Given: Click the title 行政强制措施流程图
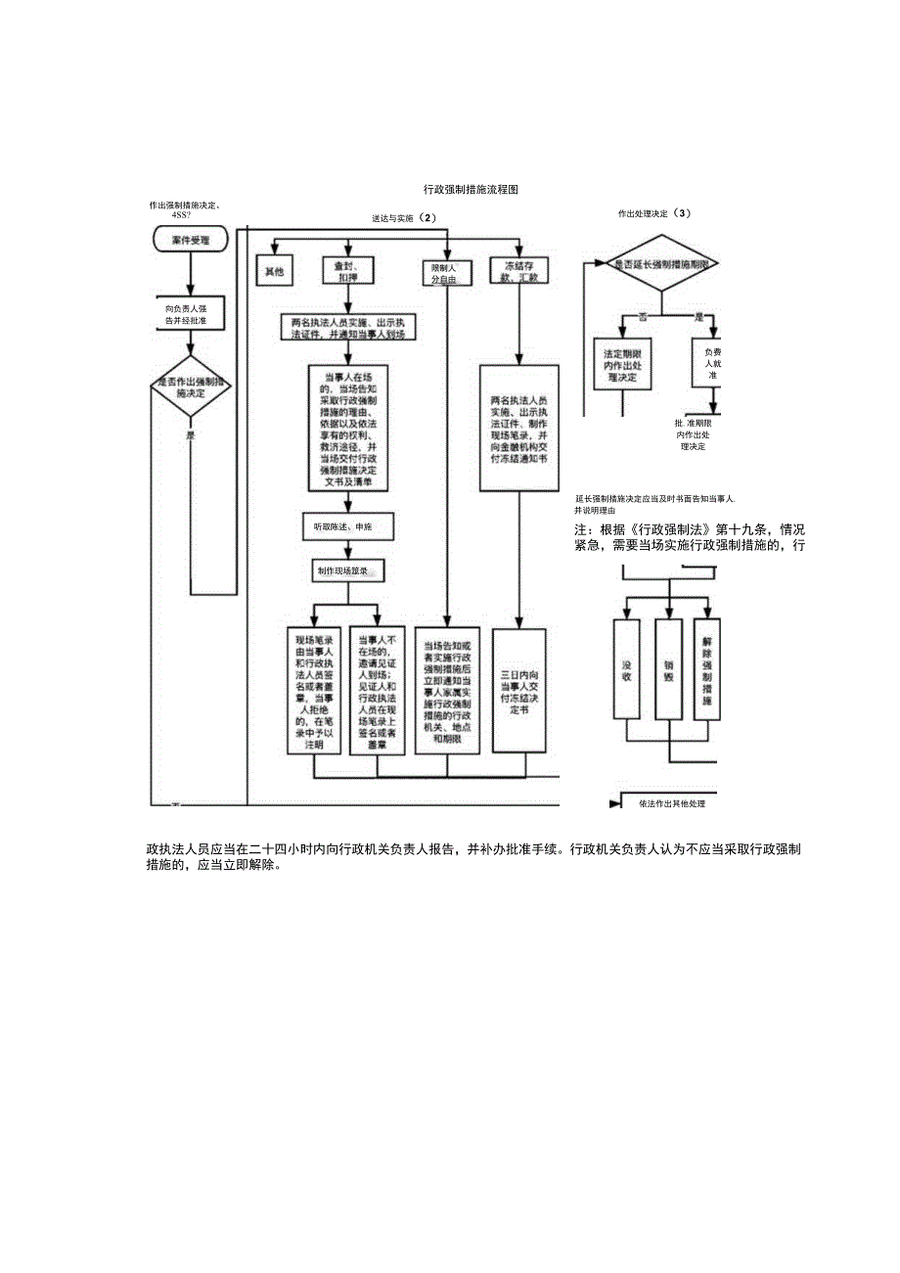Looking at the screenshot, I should point(470,189).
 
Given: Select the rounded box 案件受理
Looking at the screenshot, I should point(192,238).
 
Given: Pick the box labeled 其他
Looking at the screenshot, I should point(275,271).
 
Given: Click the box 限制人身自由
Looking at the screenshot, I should point(446,272).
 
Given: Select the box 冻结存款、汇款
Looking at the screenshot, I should point(519,271).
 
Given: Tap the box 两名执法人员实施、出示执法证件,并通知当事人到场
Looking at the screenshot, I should point(347,327).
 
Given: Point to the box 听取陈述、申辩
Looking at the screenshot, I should point(342,526).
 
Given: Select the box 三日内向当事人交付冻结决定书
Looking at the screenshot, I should point(520,690).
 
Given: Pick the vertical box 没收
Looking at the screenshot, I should point(626,669).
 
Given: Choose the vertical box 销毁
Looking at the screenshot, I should point(669,669).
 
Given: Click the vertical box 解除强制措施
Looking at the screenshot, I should point(706,669).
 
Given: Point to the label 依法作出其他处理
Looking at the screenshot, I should point(671,803).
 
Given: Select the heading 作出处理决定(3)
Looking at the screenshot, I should point(654,212).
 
